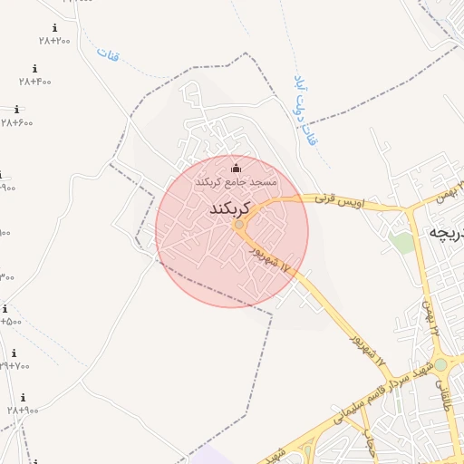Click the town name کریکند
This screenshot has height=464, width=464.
pos(229,209)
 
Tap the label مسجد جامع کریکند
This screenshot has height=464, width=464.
pos(237,182)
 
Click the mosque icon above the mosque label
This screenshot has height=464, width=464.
pos(237,168)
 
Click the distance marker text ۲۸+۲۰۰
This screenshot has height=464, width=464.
pos(54,41)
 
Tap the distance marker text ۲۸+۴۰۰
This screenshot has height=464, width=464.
pos(35,82)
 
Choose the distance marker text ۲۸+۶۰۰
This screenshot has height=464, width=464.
pos(16,122)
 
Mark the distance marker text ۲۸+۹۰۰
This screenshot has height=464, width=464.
pos(23,411)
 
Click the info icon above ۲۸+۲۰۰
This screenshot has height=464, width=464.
pos(54,28)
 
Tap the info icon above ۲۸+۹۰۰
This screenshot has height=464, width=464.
pos(23,398)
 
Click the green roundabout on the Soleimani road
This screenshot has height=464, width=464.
pos(440,364)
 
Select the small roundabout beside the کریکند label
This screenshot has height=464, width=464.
pos(239,225)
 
